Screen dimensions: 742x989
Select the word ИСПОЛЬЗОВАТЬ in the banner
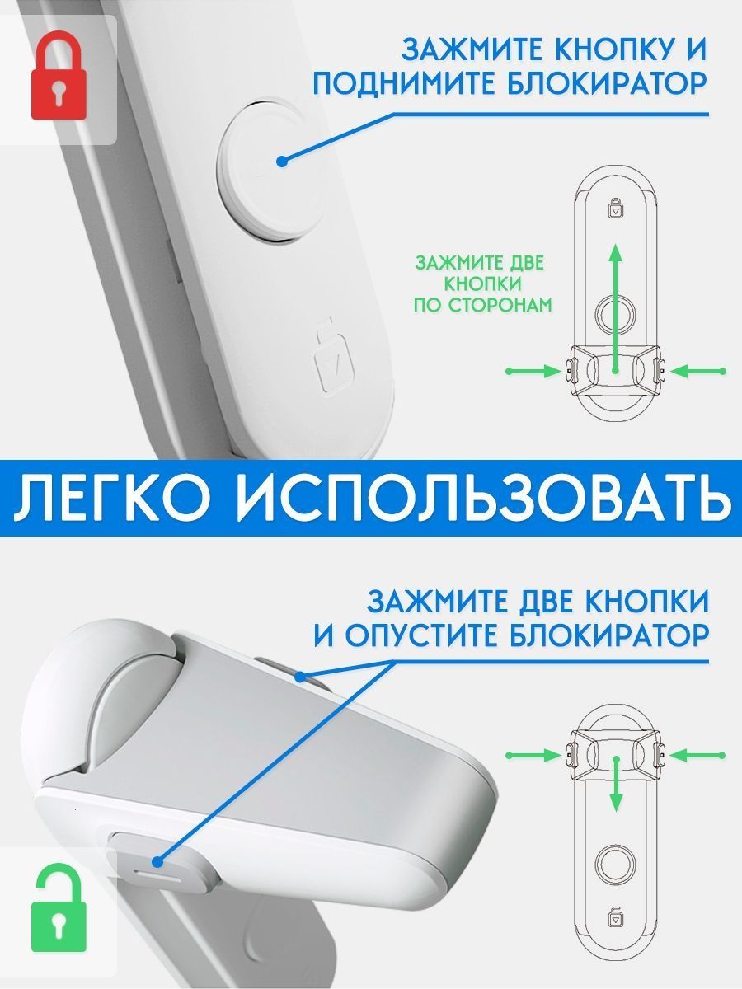pyautogui.click(x=482, y=498)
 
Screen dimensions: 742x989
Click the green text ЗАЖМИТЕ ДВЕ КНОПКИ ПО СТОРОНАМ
pyautogui.click(x=482, y=284)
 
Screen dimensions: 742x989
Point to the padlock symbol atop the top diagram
pyautogui.click(x=615, y=208)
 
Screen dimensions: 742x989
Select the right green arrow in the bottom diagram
pyautogui.click(x=697, y=755)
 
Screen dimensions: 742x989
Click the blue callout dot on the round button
pyautogui.click(x=282, y=162)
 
